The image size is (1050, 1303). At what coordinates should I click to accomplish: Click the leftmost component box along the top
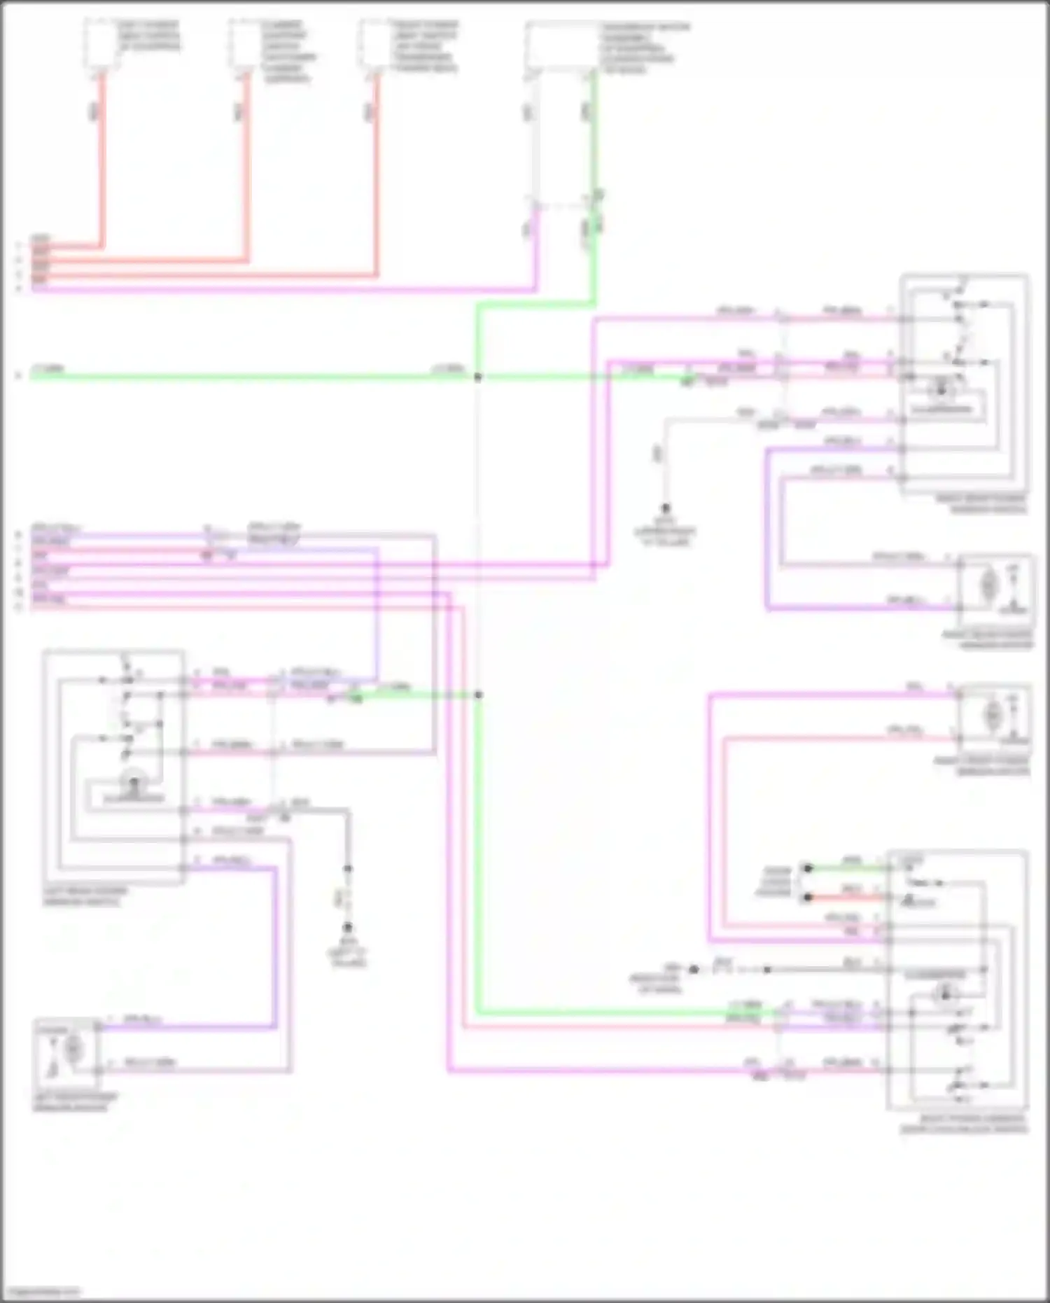[x=102, y=43]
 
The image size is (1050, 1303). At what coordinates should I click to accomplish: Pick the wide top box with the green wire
[x=562, y=46]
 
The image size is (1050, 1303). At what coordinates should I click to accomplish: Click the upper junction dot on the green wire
[x=478, y=377]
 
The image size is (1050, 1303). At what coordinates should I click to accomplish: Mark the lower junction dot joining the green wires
[x=479, y=695]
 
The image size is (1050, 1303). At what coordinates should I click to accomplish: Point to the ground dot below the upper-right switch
[x=666, y=508]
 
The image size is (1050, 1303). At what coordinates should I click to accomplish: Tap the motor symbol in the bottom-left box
[x=73, y=1048]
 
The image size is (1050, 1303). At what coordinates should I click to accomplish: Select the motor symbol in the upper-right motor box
[x=988, y=585]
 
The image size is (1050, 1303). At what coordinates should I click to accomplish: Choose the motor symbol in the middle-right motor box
[x=992, y=715]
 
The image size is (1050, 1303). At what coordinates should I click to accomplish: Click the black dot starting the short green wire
[x=808, y=868]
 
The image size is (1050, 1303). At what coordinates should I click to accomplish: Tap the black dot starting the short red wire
[x=808, y=897]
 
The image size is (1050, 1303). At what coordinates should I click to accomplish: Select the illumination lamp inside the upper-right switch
[x=941, y=389]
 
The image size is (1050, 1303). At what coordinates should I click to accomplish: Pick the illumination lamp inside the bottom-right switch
[x=945, y=990]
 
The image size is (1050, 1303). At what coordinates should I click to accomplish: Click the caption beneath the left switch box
[x=85, y=897]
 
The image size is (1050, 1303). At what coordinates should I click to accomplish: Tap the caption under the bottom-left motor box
[x=76, y=1101]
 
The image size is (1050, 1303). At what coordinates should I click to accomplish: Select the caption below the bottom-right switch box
[x=963, y=1124]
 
